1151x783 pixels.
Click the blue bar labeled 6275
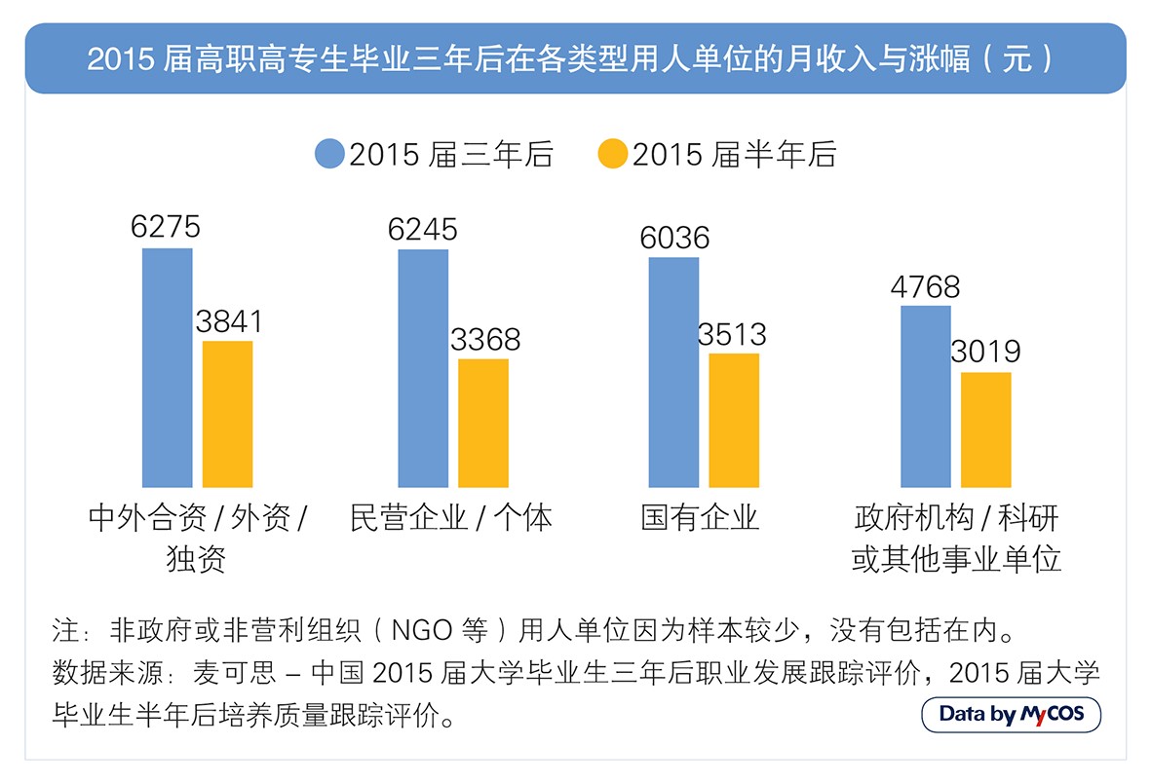[167, 367]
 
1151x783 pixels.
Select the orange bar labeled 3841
[227, 414]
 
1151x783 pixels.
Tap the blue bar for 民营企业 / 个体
[423, 368]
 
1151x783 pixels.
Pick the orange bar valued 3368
[483, 423]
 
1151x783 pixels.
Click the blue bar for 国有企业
[673, 372]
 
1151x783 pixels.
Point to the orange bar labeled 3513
[734, 420]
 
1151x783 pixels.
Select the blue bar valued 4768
[925, 396]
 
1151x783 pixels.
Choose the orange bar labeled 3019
[985, 429]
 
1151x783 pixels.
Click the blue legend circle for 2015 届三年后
[329, 154]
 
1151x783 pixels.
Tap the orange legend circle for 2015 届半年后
[612, 154]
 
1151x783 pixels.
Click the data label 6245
[422, 229]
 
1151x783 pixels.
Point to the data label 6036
[674, 238]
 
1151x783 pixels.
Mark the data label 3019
[985, 352]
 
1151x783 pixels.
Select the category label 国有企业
[699, 517]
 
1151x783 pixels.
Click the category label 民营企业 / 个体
[450, 517]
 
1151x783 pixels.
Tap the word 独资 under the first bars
[196, 559]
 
